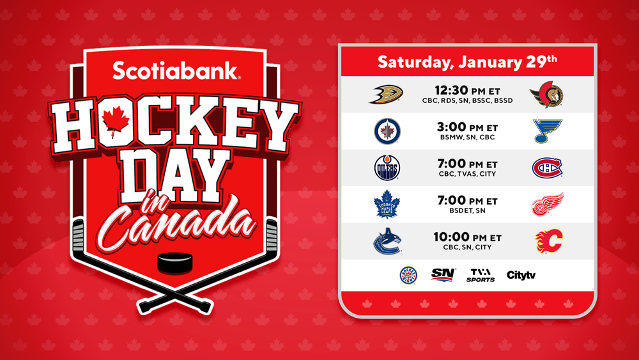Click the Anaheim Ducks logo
[x=386, y=94]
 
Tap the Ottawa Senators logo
[x=546, y=94]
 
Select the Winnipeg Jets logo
[x=387, y=131]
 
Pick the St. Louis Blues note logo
[x=548, y=131]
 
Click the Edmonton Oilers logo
[x=387, y=168]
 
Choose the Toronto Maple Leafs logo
[x=387, y=204]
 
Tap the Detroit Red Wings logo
[x=548, y=204]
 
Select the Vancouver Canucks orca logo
[x=387, y=241]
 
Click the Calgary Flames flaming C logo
[x=548, y=241]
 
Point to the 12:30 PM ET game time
[x=468, y=91]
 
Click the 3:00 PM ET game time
[x=468, y=127]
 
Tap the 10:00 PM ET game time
[x=468, y=237]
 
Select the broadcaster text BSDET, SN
[x=468, y=210]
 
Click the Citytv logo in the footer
[x=521, y=275]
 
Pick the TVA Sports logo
[x=481, y=275]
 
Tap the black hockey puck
[x=175, y=263]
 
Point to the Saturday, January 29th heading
[x=467, y=61]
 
